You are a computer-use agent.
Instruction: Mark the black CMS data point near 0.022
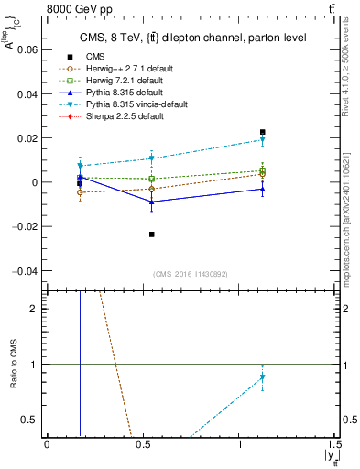click(262, 132)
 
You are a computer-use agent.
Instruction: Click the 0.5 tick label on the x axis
click(143, 444)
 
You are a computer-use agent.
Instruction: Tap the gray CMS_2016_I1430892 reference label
click(191, 274)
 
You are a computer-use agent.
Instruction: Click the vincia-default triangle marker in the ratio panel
click(262, 377)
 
